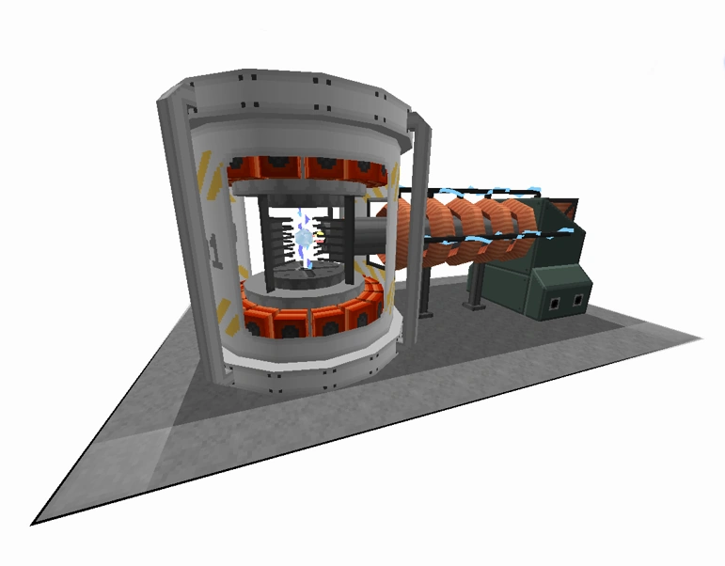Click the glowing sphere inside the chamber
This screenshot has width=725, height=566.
click(304, 240)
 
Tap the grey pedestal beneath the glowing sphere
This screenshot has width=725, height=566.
click(303, 278)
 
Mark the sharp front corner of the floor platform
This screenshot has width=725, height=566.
click(38, 520)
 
